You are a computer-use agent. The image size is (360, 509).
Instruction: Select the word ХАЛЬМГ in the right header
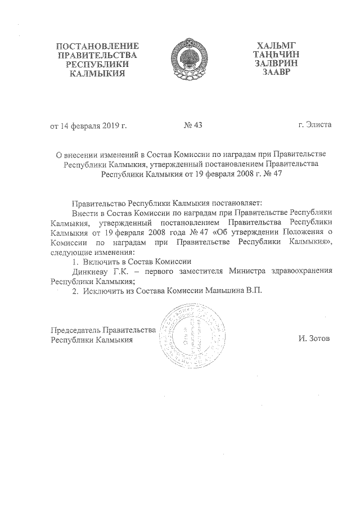pos(275,45)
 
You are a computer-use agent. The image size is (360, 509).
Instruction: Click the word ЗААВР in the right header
pos(275,73)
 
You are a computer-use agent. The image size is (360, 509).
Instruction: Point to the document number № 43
pos(193,125)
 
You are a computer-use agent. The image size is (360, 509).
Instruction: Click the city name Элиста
pos(322,124)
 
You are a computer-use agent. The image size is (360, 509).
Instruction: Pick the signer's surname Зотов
pos(319,339)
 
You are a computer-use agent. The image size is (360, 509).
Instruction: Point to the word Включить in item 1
pos(101,261)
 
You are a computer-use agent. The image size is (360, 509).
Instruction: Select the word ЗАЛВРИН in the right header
pos(275,64)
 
